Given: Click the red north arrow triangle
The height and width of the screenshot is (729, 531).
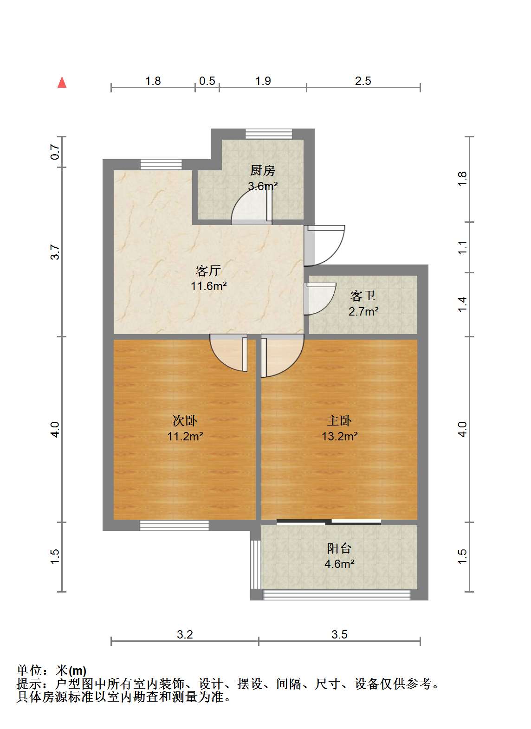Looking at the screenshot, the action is point(62,82).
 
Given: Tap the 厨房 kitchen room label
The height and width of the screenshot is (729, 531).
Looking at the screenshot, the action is point(262,170).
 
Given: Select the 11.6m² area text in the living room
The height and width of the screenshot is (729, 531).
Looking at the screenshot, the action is point(209,286).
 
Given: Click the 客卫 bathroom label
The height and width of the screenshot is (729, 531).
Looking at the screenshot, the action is point(363,296).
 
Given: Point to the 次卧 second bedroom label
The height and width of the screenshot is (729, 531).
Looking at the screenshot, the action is point(185,421).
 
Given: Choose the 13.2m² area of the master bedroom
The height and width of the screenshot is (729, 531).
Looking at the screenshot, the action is point(340,436).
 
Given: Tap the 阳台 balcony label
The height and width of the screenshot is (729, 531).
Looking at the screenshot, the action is point(339,548).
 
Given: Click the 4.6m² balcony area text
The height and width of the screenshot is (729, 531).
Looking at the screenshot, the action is point(339,563).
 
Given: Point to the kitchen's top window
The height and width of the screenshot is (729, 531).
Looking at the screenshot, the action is point(269,134).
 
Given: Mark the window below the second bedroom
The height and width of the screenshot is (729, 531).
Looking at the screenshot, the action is point(175,526).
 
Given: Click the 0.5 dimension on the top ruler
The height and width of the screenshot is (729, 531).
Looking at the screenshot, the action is point(207,81).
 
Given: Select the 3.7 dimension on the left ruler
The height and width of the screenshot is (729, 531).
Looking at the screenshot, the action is point(55,252).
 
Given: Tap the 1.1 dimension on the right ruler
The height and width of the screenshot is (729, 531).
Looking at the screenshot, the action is point(462,247).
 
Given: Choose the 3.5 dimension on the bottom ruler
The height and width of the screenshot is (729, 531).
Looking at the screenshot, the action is point(340,634).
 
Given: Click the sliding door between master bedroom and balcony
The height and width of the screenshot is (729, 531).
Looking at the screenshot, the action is point(329,522).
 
